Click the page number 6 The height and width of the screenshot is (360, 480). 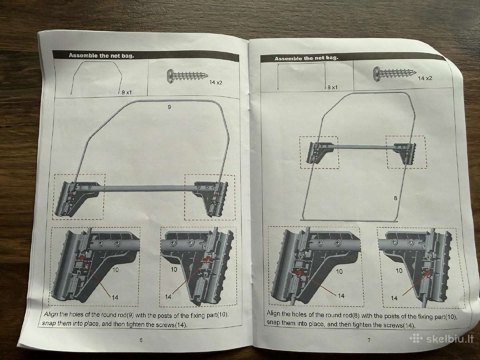(141, 340)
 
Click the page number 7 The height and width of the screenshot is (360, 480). (369, 340)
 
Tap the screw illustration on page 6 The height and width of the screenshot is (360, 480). (187, 76)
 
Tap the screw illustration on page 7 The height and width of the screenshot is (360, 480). (395, 74)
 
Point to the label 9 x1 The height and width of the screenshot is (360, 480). (127, 92)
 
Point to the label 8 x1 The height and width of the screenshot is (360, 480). (333, 88)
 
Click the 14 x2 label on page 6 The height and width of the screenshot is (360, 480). (216, 82)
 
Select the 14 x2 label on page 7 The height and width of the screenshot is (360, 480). (425, 78)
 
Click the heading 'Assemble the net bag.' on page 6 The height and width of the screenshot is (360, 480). (101, 56)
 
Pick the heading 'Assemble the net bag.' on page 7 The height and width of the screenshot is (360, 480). (306, 58)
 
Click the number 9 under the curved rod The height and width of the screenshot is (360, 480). (169, 107)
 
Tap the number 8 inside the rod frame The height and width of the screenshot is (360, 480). (395, 198)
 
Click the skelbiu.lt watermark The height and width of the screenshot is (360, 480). (442, 339)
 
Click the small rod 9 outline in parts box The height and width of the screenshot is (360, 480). (76, 76)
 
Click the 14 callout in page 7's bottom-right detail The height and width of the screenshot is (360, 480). (394, 298)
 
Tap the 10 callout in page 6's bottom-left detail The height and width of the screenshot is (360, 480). (115, 270)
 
